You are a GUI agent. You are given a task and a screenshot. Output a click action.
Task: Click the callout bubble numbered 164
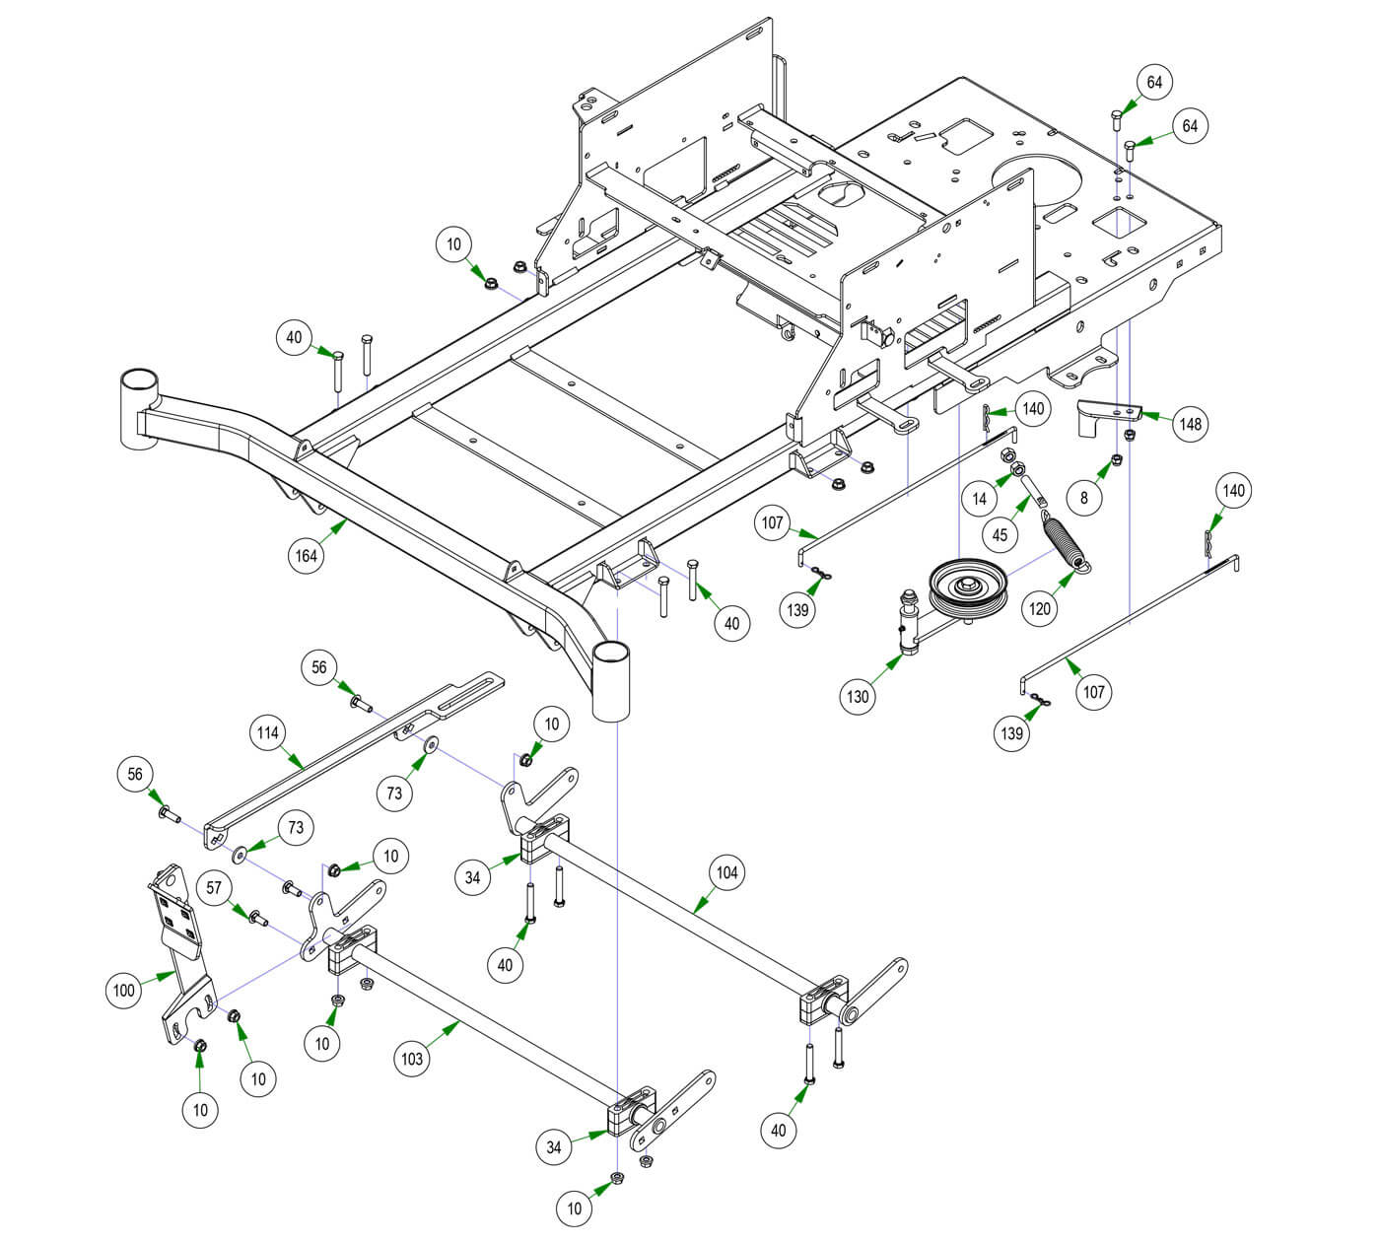tap(307, 556)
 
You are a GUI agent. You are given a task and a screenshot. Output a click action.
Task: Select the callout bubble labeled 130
tap(859, 697)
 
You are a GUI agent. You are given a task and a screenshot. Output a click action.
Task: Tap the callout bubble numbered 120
tap(1041, 608)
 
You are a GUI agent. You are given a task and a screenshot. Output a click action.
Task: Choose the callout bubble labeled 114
tap(268, 733)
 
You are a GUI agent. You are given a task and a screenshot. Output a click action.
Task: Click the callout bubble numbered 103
tap(412, 1059)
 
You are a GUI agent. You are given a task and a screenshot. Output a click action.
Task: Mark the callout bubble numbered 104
tap(726, 872)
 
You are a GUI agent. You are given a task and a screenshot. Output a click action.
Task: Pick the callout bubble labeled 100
tap(124, 990)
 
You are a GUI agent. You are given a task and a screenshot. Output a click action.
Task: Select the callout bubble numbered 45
tap(1000, 535)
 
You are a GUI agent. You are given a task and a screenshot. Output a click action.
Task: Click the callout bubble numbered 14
tap(979, 499)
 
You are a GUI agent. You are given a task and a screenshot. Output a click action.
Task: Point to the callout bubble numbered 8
tap(1084, 498)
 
